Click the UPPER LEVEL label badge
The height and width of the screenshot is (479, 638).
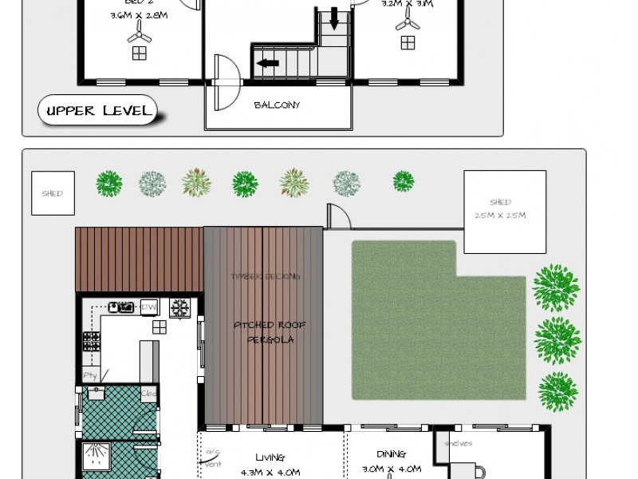coord(98,110)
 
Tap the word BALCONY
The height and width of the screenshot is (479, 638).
coord(277,105)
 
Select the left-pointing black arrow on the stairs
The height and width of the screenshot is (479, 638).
coord(267,62)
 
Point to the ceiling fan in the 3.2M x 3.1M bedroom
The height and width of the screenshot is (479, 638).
coord(408,22)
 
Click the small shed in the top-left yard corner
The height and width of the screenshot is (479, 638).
coord(53,193)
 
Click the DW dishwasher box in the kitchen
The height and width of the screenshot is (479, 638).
coord(148,307)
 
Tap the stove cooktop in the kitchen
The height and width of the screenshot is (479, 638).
coord(92,342)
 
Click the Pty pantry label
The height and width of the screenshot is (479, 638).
coord(89,374)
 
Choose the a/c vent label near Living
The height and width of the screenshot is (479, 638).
coord(212,457)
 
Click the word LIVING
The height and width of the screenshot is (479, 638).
coord(270,457)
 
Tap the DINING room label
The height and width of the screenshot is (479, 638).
coord(391,454)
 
